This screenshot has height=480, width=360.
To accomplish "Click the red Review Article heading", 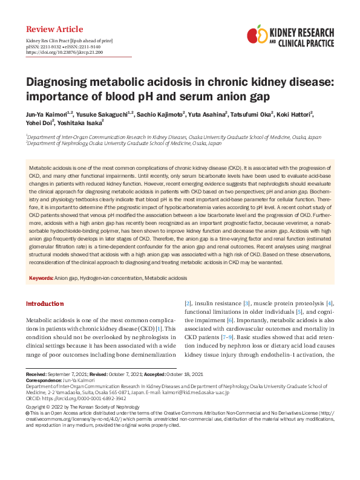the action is pos(54,30).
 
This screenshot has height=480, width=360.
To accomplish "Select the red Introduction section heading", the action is pos(45,303).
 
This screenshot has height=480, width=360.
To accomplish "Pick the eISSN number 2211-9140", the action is pos(88,46).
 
